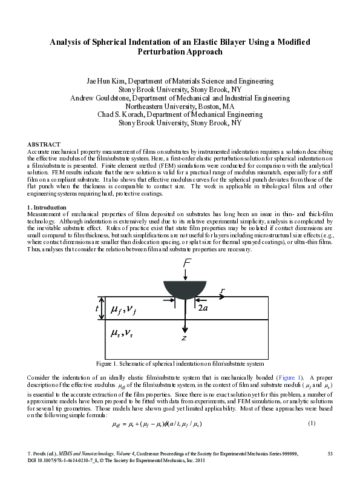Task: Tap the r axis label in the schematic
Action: pos(223,291)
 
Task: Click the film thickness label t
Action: pos(97,308)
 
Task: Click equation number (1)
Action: pos(312,422)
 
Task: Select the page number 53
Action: pos(330,453)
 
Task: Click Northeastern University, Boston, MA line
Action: pos(180,105)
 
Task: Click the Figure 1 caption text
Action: pos(180,364)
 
